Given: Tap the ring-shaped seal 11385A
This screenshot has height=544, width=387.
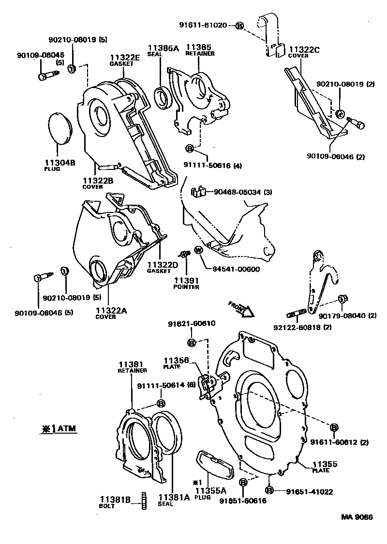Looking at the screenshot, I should tap(162, 97).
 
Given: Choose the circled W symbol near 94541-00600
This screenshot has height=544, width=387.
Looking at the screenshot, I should tap(199, 250).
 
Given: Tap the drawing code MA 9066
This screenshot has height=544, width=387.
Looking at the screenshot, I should tap(357, 517).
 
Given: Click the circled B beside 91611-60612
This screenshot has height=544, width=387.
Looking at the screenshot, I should tap(334, 426).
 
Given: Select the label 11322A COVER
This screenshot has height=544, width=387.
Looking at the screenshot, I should tap(111, 314).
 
